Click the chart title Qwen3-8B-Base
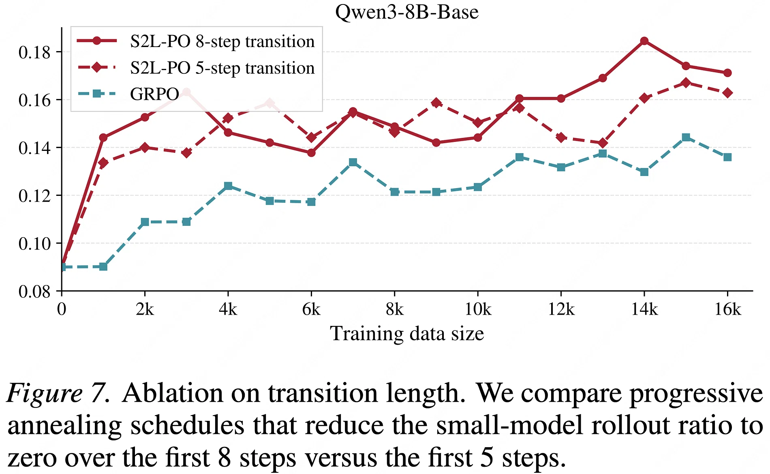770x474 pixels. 407,12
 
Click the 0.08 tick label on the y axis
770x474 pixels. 34,291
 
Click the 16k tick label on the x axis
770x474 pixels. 727,309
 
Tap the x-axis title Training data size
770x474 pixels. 407,334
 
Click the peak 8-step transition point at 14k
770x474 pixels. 644,41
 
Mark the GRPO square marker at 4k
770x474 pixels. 228,186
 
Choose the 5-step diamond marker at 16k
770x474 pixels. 727,93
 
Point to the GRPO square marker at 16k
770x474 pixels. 727,157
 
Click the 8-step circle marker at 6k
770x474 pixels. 311,153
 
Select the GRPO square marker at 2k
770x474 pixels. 145,222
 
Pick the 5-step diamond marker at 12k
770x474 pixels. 561,137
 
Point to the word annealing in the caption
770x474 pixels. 64,426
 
